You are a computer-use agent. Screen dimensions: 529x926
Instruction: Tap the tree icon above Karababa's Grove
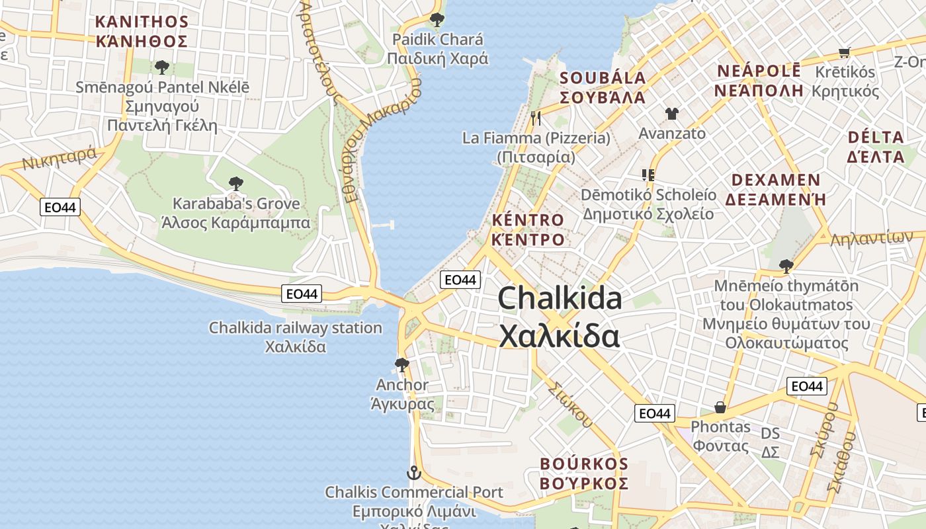click(235, 184)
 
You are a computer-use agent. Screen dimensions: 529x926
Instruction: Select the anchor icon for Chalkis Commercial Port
click(413, 473)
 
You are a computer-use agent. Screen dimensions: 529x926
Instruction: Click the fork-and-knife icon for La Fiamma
click(536, 118)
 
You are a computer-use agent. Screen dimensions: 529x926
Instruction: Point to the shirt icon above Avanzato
click(672, 114)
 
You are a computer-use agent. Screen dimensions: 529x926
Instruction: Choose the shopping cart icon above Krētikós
click(844, 52)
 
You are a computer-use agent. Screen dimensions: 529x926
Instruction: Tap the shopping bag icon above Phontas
click(720, 407)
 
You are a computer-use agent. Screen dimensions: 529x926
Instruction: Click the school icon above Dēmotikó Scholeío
click(648, 175)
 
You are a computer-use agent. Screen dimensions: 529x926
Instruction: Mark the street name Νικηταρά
click(60, 159)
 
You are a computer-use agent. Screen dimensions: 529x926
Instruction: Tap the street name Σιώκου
click(569, 403)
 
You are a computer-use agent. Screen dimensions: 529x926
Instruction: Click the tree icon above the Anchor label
click(401, 364)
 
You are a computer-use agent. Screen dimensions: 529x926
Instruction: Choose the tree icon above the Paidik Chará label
click(437, 19)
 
